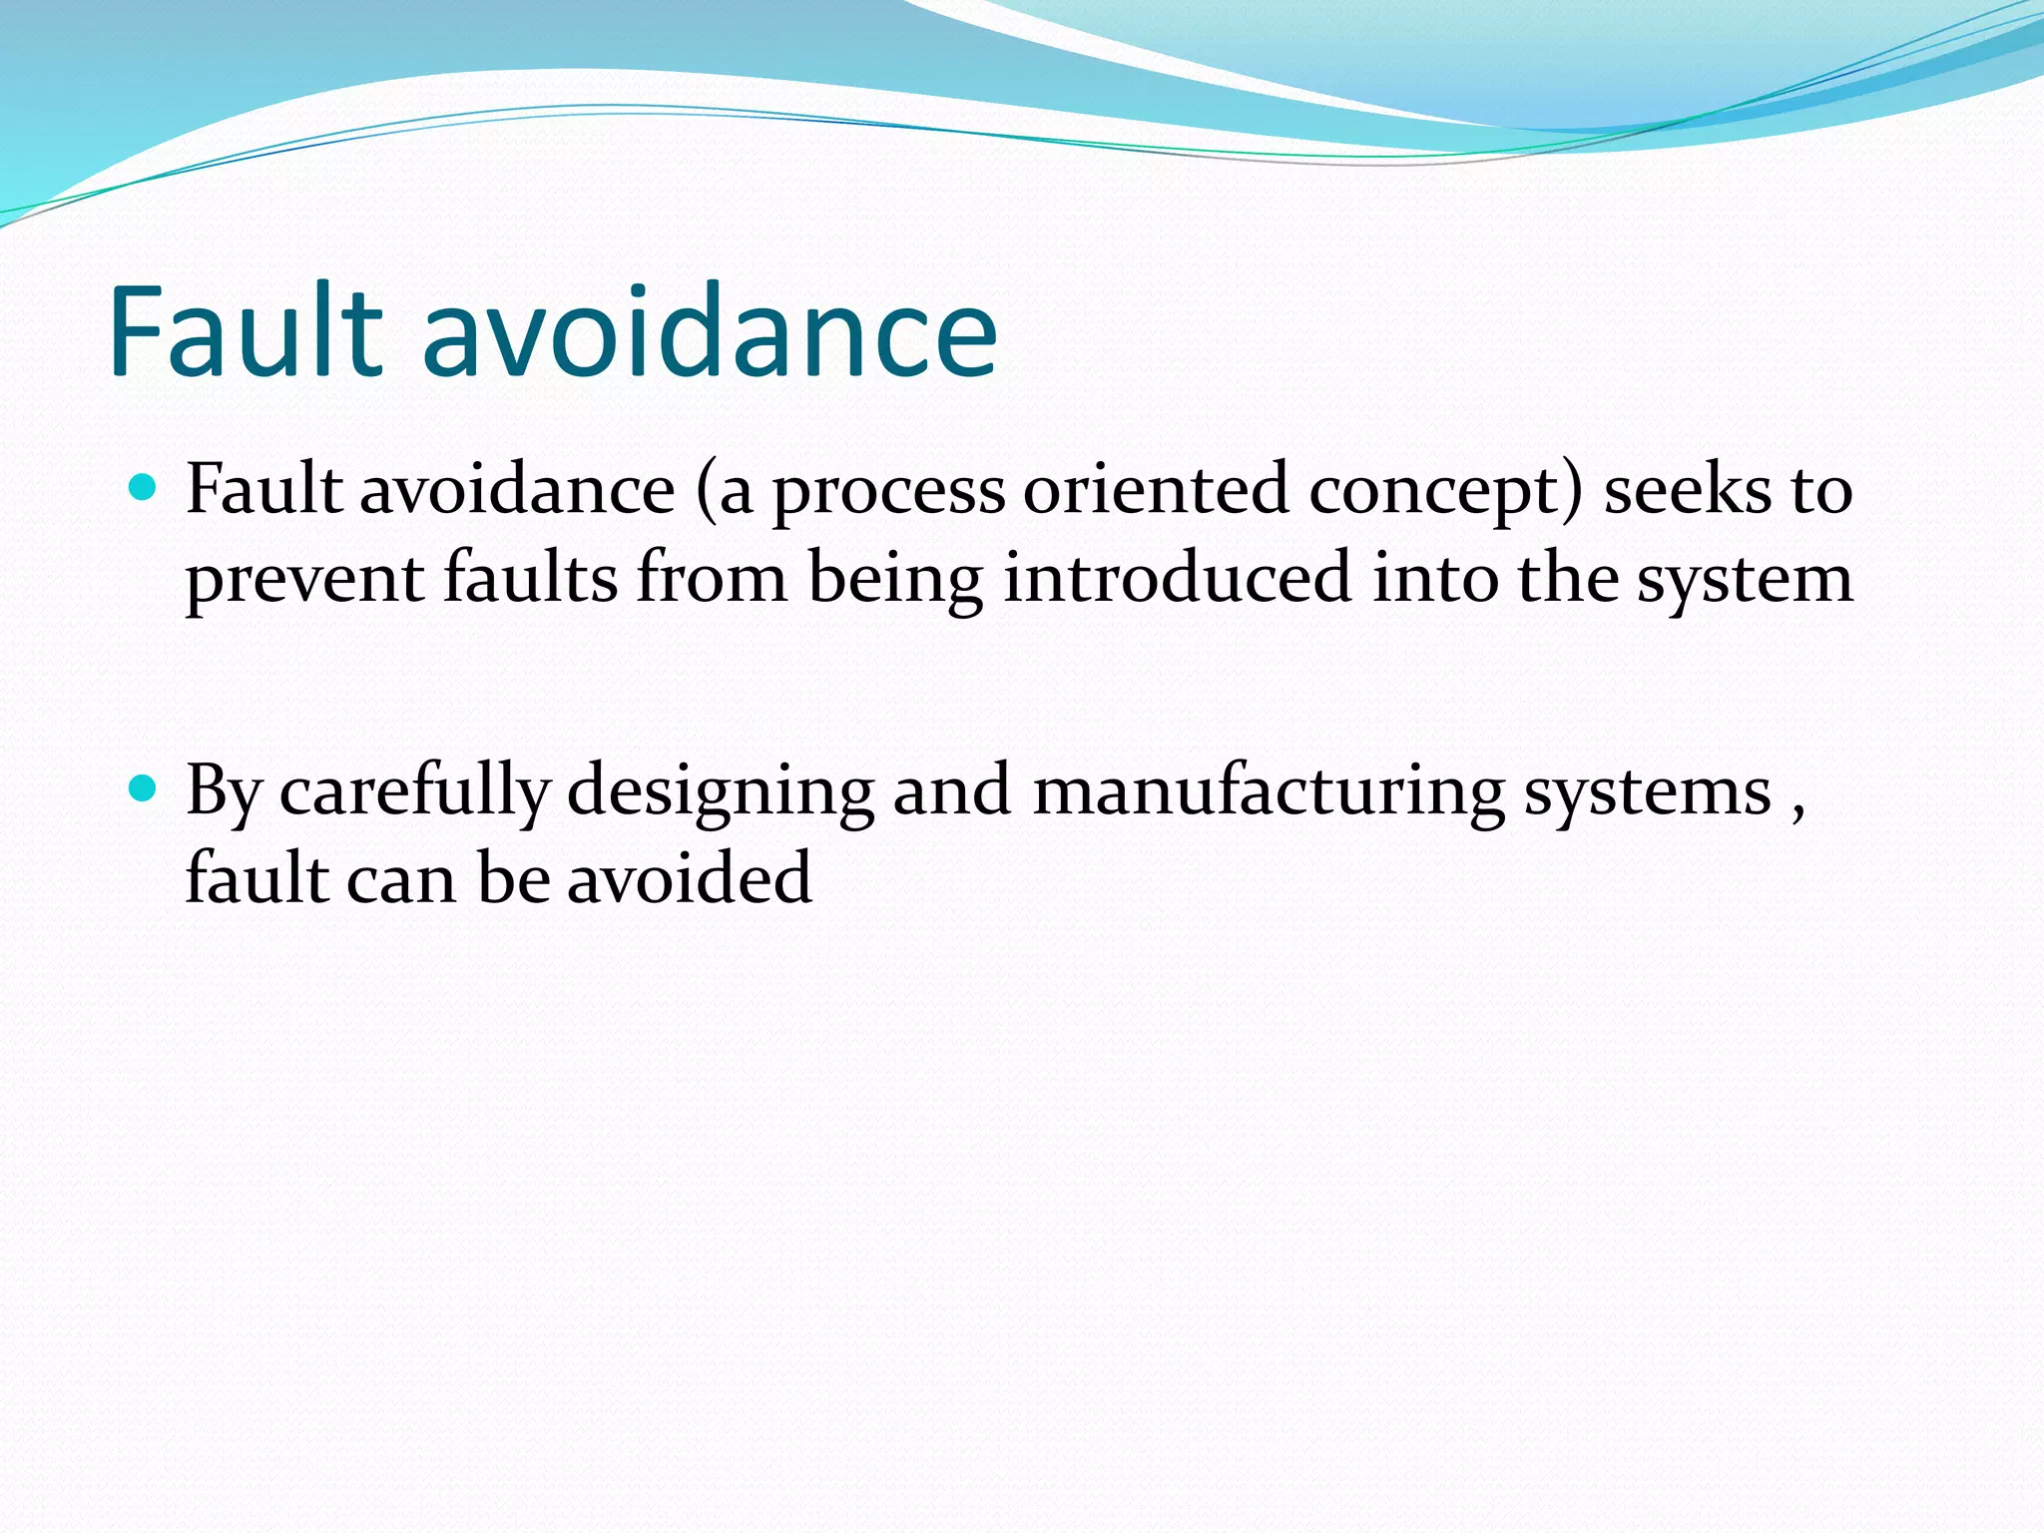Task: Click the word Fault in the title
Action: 246,331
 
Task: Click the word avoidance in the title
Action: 710,331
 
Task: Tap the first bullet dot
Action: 145,488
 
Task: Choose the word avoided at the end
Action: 689,878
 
